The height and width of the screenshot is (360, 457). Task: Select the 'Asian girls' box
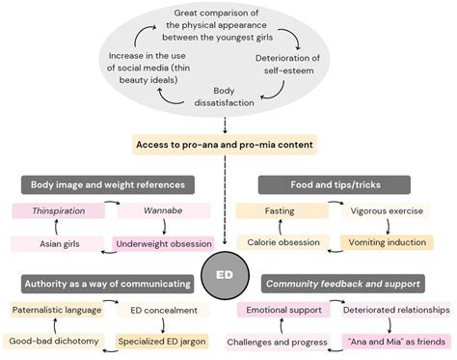coord(44,243)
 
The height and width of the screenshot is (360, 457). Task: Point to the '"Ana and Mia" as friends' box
coord(387,342)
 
